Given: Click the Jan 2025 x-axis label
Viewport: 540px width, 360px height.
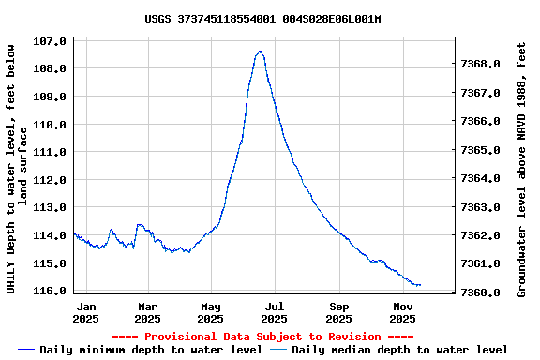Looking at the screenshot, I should (x=86, y=312).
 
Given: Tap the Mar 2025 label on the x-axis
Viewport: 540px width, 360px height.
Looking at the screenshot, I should (x=147, y=312).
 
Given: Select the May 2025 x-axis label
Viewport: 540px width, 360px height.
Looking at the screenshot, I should (x=211, y=312).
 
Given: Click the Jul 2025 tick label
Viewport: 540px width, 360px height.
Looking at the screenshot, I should (x=275, y=312).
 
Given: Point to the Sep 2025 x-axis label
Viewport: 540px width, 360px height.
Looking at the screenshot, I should (x=339, y=312).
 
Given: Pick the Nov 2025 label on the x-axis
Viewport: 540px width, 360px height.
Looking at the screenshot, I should (x=403, y=312).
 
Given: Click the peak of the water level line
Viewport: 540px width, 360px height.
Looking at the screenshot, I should (x=260, y=52).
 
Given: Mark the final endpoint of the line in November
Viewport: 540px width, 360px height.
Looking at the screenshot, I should (x=420, y=285).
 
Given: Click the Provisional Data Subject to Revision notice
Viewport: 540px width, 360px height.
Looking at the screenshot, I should (x=262, y=337).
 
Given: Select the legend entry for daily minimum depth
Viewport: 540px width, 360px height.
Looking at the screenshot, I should (x=141, y=350).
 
